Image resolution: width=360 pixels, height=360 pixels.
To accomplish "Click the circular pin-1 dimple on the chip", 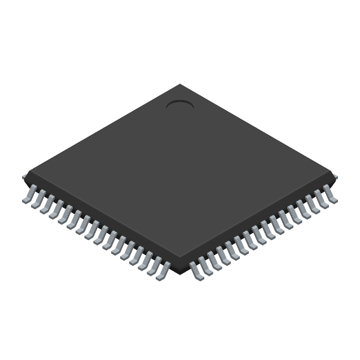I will point(180,105).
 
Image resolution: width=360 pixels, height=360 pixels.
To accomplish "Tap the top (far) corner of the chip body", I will point(180,85).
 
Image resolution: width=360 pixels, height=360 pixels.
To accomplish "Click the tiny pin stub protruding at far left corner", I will point(24,177).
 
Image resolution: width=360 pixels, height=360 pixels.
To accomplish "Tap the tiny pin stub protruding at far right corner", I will point(336,177).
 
